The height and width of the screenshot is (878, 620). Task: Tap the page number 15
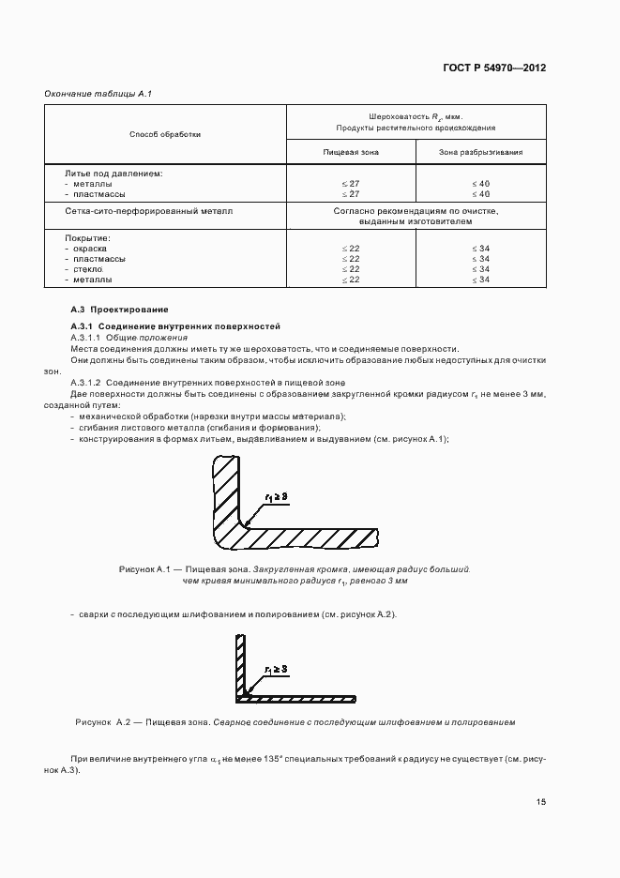(x=541, y=802)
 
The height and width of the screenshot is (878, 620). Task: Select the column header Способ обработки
(x=165, y=134)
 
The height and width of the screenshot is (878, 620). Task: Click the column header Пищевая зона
(x=351, y=151)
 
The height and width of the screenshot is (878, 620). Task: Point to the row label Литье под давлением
(x=113, y=174)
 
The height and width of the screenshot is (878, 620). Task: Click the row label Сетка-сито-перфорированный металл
(x=148, y=212)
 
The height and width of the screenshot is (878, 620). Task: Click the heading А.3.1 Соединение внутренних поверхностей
(x=175, y=325)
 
